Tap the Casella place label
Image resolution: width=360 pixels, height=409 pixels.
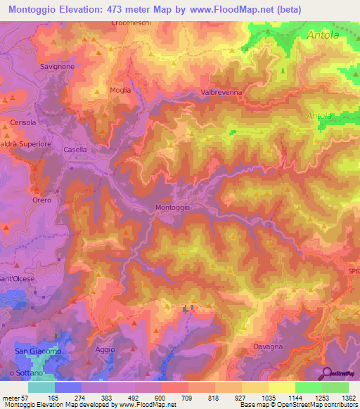(75, 150)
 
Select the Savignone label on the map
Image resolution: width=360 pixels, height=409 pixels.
(58, 66)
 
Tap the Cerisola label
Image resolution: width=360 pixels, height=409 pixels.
(23, 122)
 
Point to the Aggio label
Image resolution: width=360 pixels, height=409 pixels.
(104, 349)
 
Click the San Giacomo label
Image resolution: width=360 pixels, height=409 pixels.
(38, 351)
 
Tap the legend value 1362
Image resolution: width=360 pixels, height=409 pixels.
(340, 397)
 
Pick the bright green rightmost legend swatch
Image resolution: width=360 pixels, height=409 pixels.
(335, 387)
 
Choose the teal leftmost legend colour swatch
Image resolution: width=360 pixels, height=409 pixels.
(41, 387)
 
